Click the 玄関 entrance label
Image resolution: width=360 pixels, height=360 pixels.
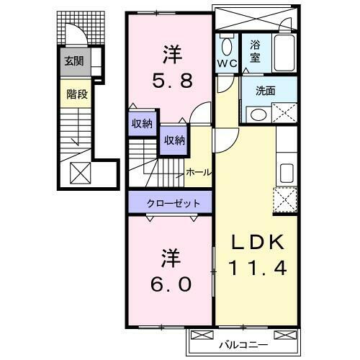pyautogui.click(x=73, y=61)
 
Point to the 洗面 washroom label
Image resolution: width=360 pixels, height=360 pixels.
pyautogui.click(x=267, y=91)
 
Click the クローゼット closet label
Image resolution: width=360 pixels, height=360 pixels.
pyautogui.click(x=171, y=203)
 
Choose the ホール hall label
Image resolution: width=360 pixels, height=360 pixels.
pyautogui.click(x=198, y=172)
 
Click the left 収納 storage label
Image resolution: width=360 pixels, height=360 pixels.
pyautogui.click(x=141, y=124)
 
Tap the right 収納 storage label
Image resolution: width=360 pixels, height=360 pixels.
pyautogui.click(x=174, y=140)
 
